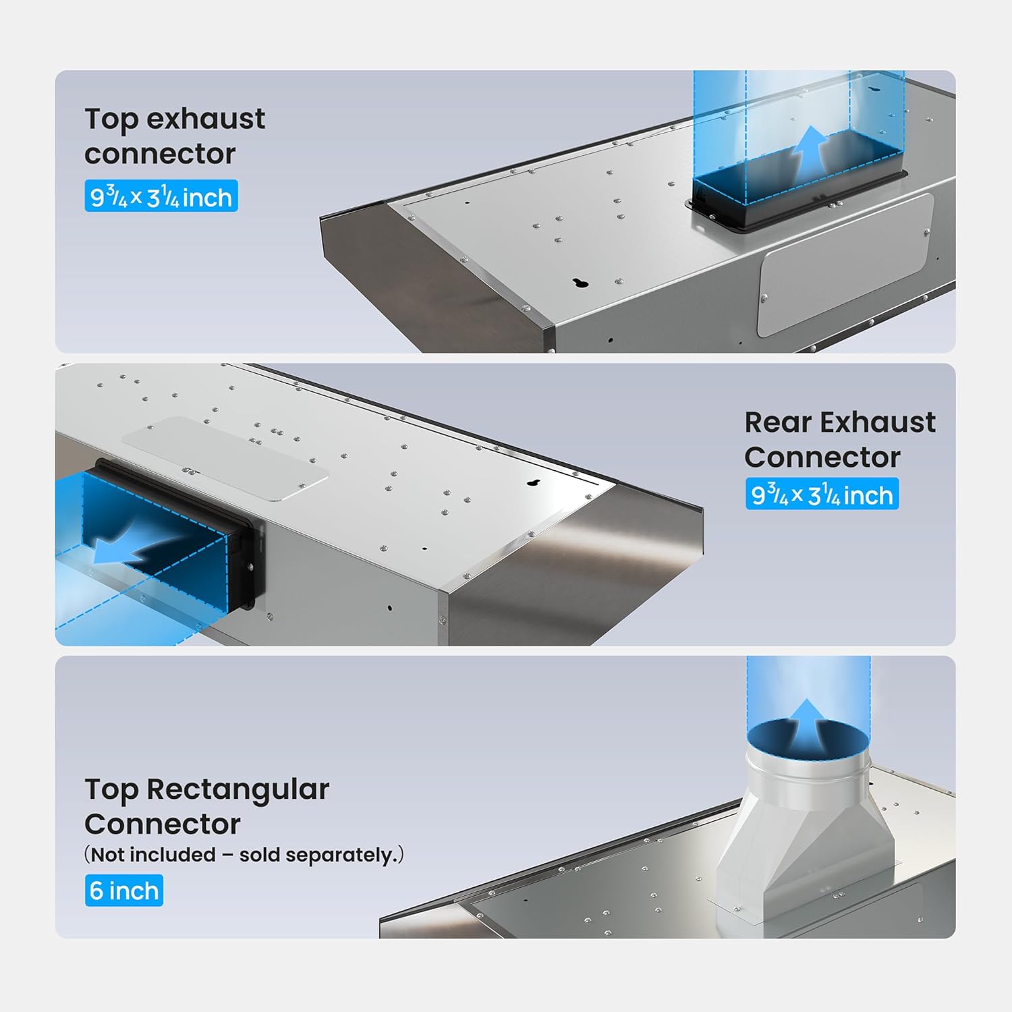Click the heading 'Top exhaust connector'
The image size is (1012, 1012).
coord(174,136)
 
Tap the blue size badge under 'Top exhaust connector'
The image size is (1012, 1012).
coord(161,196)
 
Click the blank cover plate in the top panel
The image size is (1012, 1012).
coord(845,264)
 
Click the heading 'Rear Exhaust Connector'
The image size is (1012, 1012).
coord(839,440)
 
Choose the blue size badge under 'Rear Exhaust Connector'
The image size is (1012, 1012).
coord(822,495)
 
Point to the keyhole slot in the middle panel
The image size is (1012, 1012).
coord(535,483)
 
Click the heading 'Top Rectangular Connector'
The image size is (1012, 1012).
coord(206,806)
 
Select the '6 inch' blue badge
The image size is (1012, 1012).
coord(124,891)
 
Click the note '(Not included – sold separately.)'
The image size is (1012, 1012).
coord(244,855)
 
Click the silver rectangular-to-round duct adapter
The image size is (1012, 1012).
coord(806,830)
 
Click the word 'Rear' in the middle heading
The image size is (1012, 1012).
coord(778,423)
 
